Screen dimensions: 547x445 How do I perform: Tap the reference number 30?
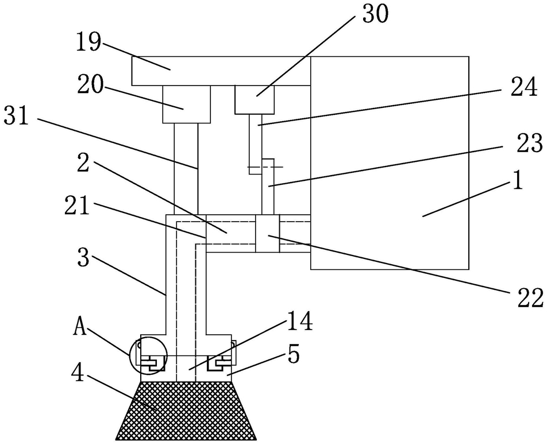[x=375, y=15]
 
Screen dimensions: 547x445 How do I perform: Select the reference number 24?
[x=523, y=87]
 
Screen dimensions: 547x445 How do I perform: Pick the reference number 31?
[x=16, y=117]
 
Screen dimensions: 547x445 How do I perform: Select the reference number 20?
[x=90, y=85]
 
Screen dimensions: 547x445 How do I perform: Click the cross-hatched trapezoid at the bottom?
[x=186, y=411]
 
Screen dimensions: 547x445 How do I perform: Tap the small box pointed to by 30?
[x=255, y=100]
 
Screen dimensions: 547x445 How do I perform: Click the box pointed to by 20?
[x=187, y=104]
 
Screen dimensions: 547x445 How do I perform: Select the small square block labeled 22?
[x=268, y=233]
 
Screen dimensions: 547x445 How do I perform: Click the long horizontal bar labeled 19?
[x=221, y=71]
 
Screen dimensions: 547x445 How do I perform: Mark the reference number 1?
[x=518, y=181]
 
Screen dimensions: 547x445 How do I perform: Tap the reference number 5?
[x=294, y=355]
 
